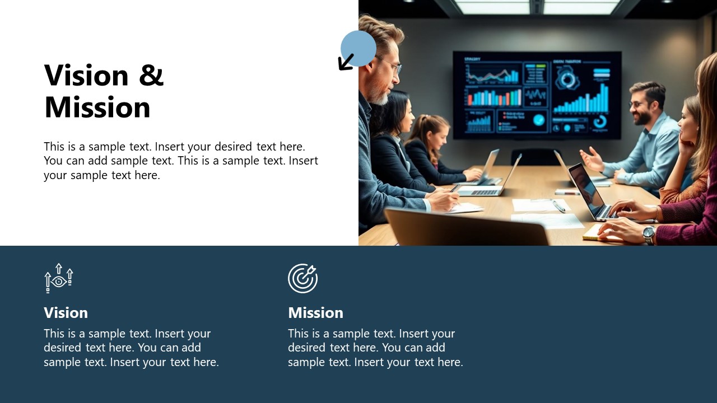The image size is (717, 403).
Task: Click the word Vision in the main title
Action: point(87,76)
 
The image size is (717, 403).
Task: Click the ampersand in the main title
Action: point(151,76)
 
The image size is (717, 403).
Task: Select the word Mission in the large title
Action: point(97,107)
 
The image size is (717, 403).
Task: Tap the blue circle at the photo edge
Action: point(358,48)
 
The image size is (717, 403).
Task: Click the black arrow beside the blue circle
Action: point(346,62)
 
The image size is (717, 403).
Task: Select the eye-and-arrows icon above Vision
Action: point(59,278)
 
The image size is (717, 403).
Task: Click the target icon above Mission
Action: point(302,278)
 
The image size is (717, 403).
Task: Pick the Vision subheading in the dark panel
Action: point(66,312)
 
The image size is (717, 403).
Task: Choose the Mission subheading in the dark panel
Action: point(315,312)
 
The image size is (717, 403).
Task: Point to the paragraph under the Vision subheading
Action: point(131,348)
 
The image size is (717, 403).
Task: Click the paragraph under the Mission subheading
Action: point(375,348)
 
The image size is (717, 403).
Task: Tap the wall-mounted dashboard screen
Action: point(537,95)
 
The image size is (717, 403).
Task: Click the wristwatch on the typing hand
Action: point(649,234)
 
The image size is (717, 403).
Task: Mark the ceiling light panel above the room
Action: point(538,7)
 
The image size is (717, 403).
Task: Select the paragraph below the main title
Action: point(180,161)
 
